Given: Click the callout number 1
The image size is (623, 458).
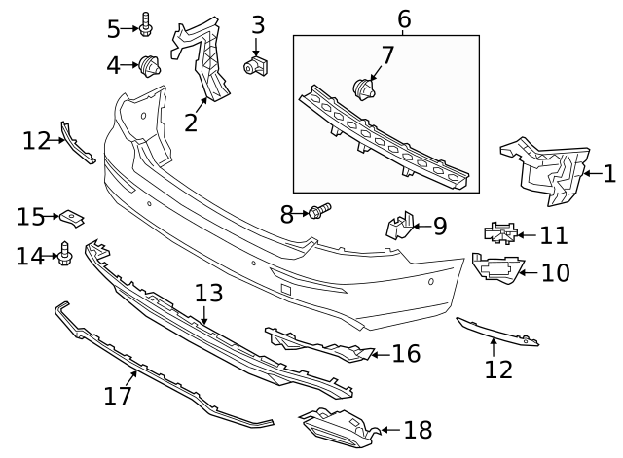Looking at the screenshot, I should coord(609,175).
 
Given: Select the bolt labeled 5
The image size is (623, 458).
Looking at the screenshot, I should coord(145,25).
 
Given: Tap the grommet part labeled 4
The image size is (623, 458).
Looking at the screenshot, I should coord(151,67).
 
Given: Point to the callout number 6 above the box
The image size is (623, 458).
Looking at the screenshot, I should coord(404,18).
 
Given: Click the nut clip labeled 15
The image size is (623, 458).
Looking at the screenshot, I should coord(72,216).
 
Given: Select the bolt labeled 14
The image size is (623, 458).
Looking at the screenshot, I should coord(65,252).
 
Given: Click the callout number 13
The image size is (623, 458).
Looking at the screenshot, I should coord(208,293).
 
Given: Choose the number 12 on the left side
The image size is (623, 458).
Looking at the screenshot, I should coord(36,141).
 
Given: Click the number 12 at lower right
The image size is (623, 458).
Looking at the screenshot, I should coord(497,370).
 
